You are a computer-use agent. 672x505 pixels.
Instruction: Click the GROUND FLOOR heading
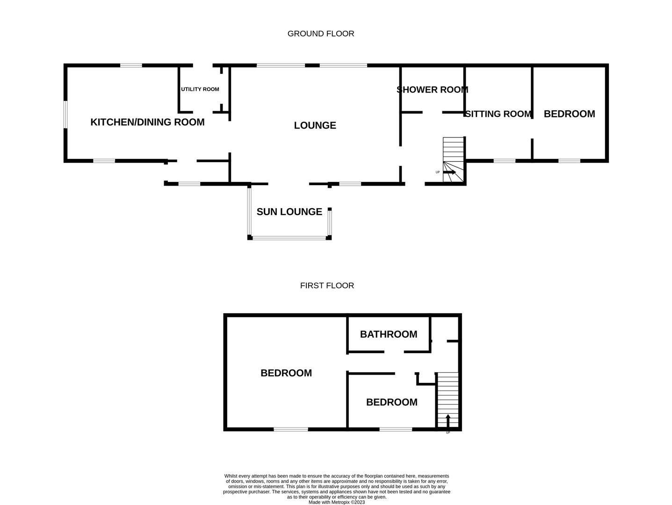coord(320,34)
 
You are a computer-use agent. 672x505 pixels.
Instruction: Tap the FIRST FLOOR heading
coord(327,285)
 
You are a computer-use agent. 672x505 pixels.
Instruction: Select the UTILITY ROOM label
coord(200,89)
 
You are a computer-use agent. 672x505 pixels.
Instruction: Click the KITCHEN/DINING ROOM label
coord(147,122)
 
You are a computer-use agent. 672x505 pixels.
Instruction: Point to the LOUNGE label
coord(315,125)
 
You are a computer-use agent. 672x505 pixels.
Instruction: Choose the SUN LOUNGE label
coord(289,212)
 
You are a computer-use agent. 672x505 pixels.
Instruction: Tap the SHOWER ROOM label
coord(432,90)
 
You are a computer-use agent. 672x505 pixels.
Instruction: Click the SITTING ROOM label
coord(498,114)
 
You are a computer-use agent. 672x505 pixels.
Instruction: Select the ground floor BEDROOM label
coord(569,114)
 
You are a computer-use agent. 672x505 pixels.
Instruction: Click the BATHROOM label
coord(388,334)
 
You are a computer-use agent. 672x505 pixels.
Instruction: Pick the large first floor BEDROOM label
coord(286,373)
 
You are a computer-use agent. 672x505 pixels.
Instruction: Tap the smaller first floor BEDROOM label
coord(391,402)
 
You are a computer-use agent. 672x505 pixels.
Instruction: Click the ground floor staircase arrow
coord(449,172)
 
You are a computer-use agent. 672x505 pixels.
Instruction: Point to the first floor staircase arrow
coord(448,420)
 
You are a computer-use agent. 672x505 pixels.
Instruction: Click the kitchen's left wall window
coord(66,114)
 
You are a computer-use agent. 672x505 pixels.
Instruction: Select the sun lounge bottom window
coord(289,238)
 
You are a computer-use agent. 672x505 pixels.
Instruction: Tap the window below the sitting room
coord(505,161)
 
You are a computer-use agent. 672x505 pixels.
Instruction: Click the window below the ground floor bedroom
coord(569,161)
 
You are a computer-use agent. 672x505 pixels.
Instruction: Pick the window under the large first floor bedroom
coord(291,429)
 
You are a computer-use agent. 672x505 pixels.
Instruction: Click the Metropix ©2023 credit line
coord(336,502)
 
